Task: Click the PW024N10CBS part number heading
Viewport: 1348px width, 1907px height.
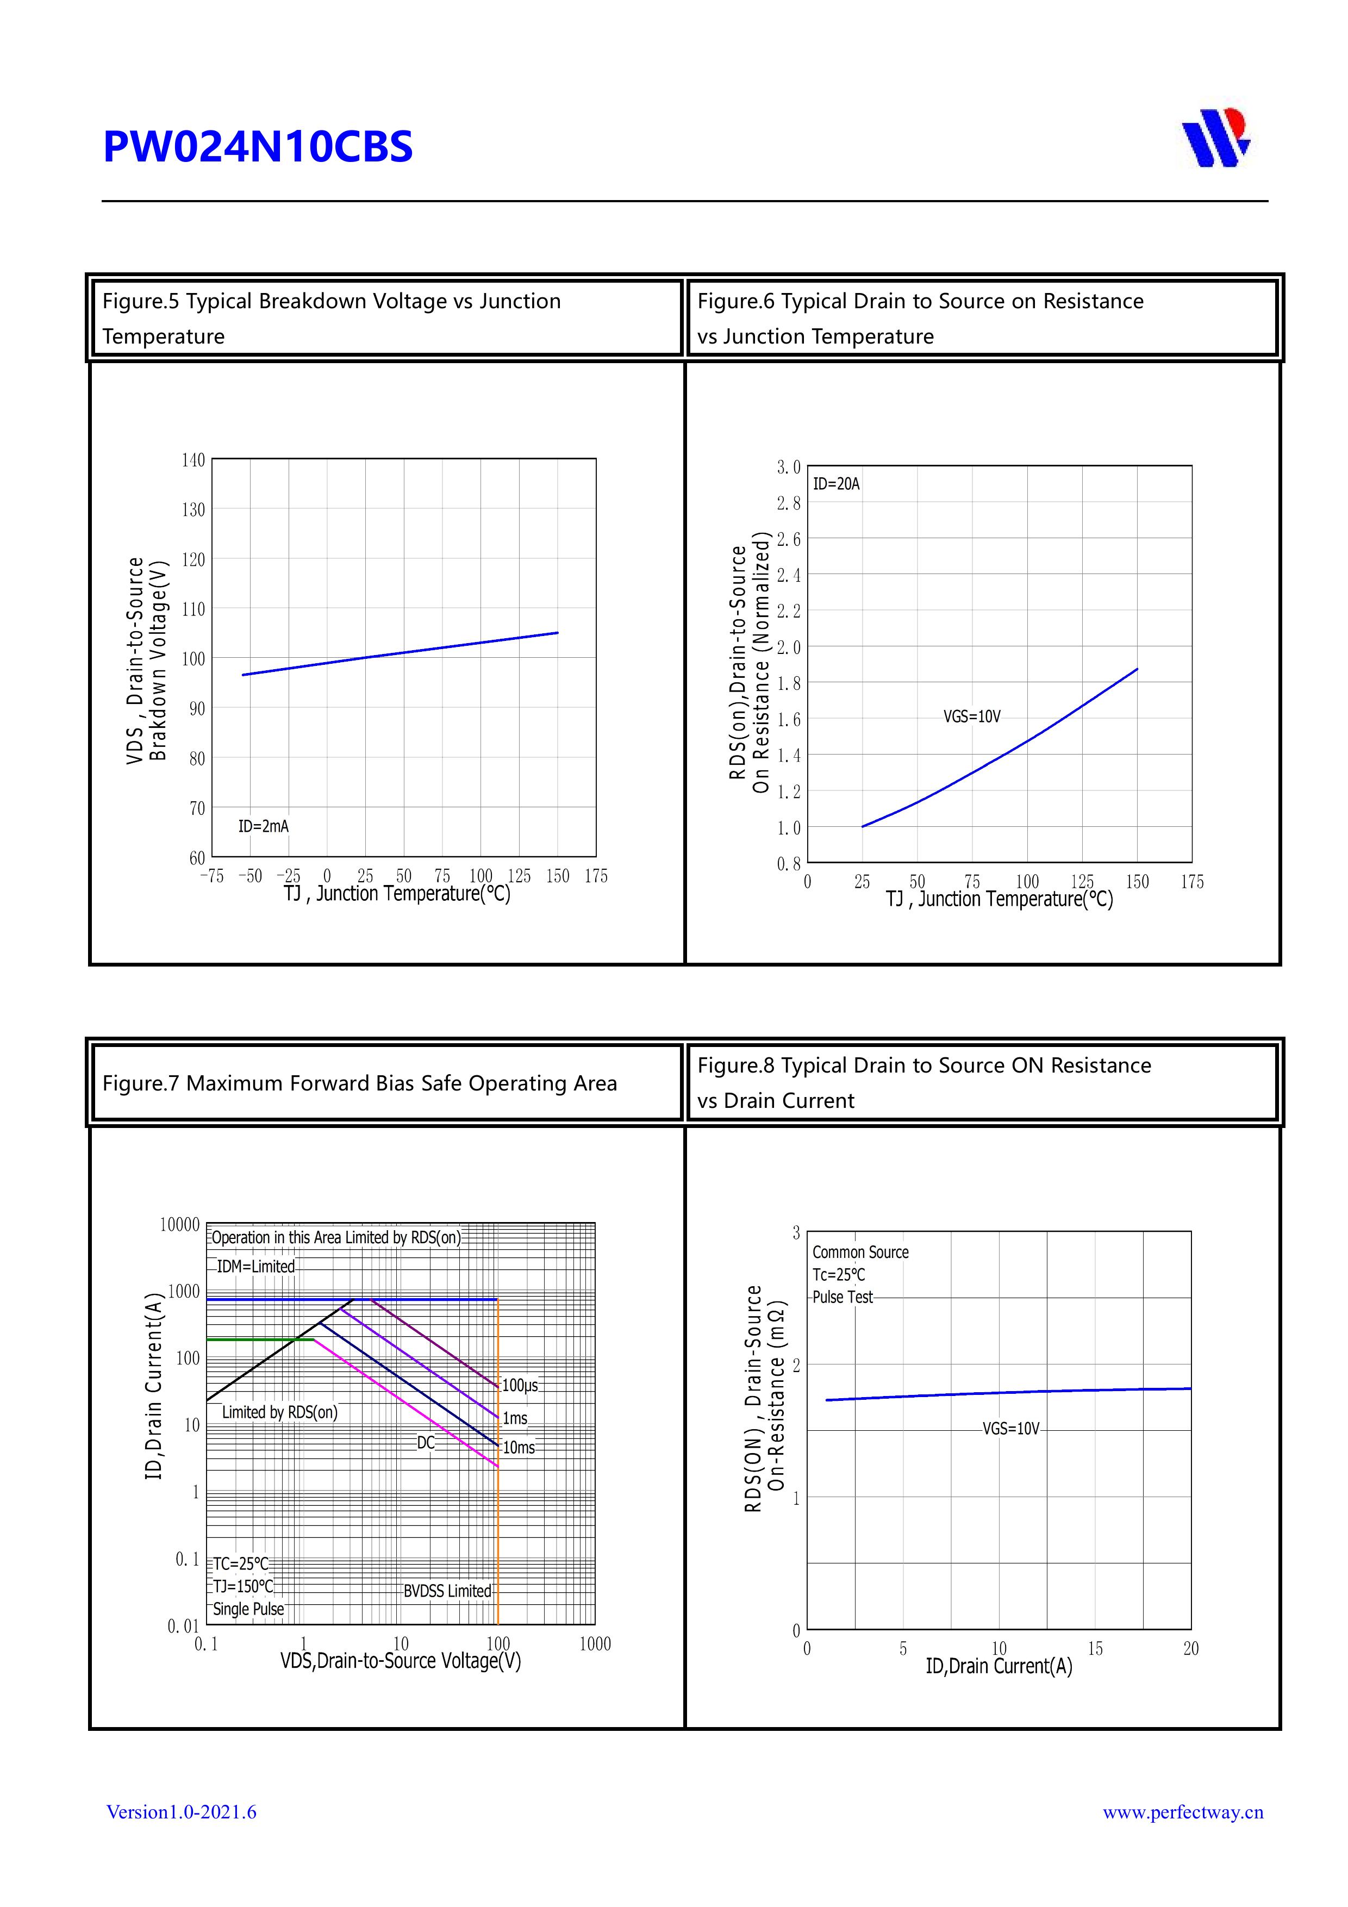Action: click(x=258, y=147)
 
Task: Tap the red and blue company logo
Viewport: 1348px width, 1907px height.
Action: click(x=1216, y=138)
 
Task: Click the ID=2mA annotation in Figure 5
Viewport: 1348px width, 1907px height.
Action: click(x=263, y=826)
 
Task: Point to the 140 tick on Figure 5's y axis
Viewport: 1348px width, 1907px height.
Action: click(x=193, y=460)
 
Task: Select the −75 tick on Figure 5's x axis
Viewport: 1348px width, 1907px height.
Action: click(x=212, y=876)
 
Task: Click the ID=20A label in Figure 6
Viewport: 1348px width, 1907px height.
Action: click(x=835, y=484)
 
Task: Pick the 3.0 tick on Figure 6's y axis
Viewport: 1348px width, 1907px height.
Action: click(x=788, y=468)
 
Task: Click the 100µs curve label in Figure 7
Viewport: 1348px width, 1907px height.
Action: click(x=520, y=1385)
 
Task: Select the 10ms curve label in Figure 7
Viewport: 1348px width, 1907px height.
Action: click(x=519, y=1448)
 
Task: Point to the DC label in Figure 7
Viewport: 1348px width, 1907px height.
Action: click(x=425, y=1443)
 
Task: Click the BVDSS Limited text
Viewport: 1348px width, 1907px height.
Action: click(x=447, y=1591)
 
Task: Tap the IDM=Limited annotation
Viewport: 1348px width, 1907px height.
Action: click(x=255, y=1267)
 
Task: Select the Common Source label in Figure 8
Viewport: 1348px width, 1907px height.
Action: click(x=860, y=1252)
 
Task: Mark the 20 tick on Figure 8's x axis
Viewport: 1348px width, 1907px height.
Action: click(x=1191, y=1649)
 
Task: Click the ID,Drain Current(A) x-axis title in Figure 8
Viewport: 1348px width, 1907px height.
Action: click(x=998, y=1666)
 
